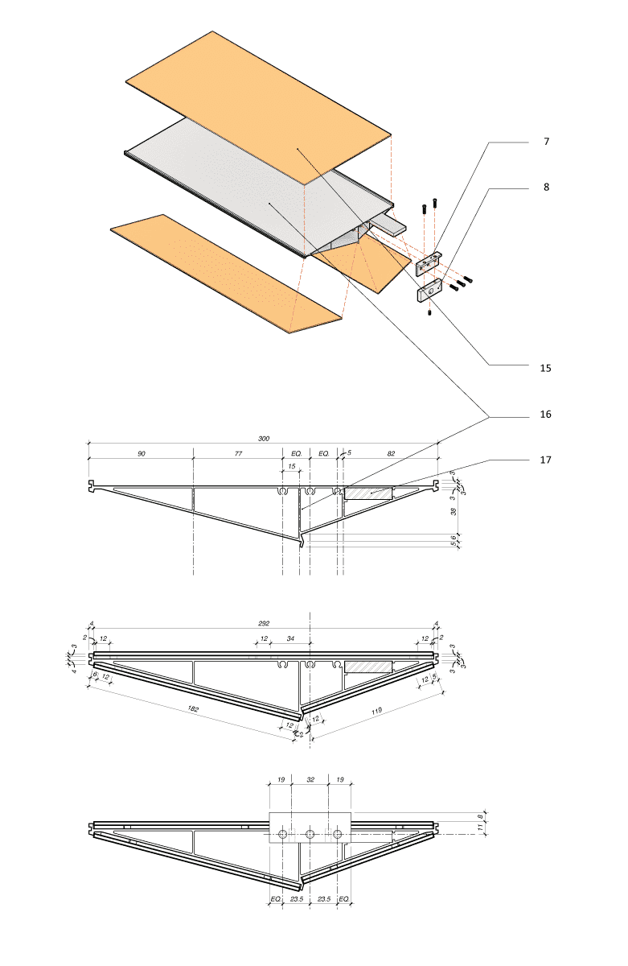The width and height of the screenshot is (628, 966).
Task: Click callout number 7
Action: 546,142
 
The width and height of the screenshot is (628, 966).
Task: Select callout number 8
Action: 546,187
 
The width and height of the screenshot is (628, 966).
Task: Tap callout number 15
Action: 545,368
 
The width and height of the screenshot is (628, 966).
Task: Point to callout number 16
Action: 545,414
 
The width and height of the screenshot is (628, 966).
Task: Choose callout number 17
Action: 545,460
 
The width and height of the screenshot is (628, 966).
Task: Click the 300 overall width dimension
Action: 264,438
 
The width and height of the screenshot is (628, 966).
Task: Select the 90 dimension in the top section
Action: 142,453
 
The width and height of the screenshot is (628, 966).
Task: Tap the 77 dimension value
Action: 238,453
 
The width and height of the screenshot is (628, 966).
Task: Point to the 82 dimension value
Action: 391,453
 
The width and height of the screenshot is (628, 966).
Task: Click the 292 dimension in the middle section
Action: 264,623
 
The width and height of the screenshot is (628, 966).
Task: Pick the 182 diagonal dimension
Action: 193,708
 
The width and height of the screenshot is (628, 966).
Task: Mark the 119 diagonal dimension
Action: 376,710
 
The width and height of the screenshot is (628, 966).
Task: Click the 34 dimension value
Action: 290,638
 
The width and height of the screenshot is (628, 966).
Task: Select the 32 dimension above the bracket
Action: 310,779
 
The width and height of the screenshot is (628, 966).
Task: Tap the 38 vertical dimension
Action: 453,511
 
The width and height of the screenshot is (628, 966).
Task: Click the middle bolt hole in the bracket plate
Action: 310,835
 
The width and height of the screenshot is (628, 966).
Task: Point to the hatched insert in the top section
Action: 368,493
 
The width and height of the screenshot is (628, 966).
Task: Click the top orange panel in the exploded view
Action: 258,108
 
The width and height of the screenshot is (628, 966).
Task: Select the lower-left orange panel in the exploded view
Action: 226,274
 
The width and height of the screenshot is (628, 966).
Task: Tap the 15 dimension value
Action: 292,466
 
